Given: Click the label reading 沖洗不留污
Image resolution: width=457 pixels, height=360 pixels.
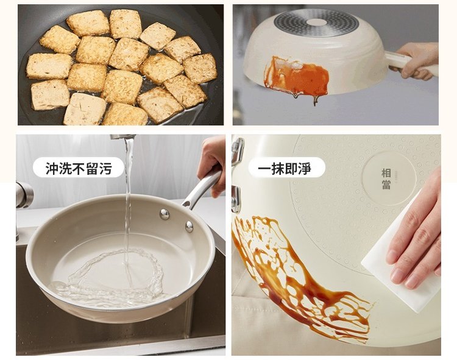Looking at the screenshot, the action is [x=79, y=168].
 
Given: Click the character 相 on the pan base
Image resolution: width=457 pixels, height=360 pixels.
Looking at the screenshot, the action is [x=386, y=173].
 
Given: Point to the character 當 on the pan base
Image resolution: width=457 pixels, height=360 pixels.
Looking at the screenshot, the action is [x=386, y=185].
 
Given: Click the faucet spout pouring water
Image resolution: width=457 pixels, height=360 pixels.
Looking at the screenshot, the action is [x=122, y=136].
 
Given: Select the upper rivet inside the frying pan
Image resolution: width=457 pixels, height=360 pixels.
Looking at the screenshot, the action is [x=165, y=214].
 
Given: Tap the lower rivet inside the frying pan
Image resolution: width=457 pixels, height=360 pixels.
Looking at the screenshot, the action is [x=189, y=227].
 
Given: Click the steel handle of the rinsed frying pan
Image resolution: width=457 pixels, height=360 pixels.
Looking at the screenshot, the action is [x=201, y=187].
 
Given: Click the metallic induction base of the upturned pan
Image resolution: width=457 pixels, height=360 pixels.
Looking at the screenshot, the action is [x=316, y=23].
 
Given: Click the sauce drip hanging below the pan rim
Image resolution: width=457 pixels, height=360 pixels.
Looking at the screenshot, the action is [x=316, y=101].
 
